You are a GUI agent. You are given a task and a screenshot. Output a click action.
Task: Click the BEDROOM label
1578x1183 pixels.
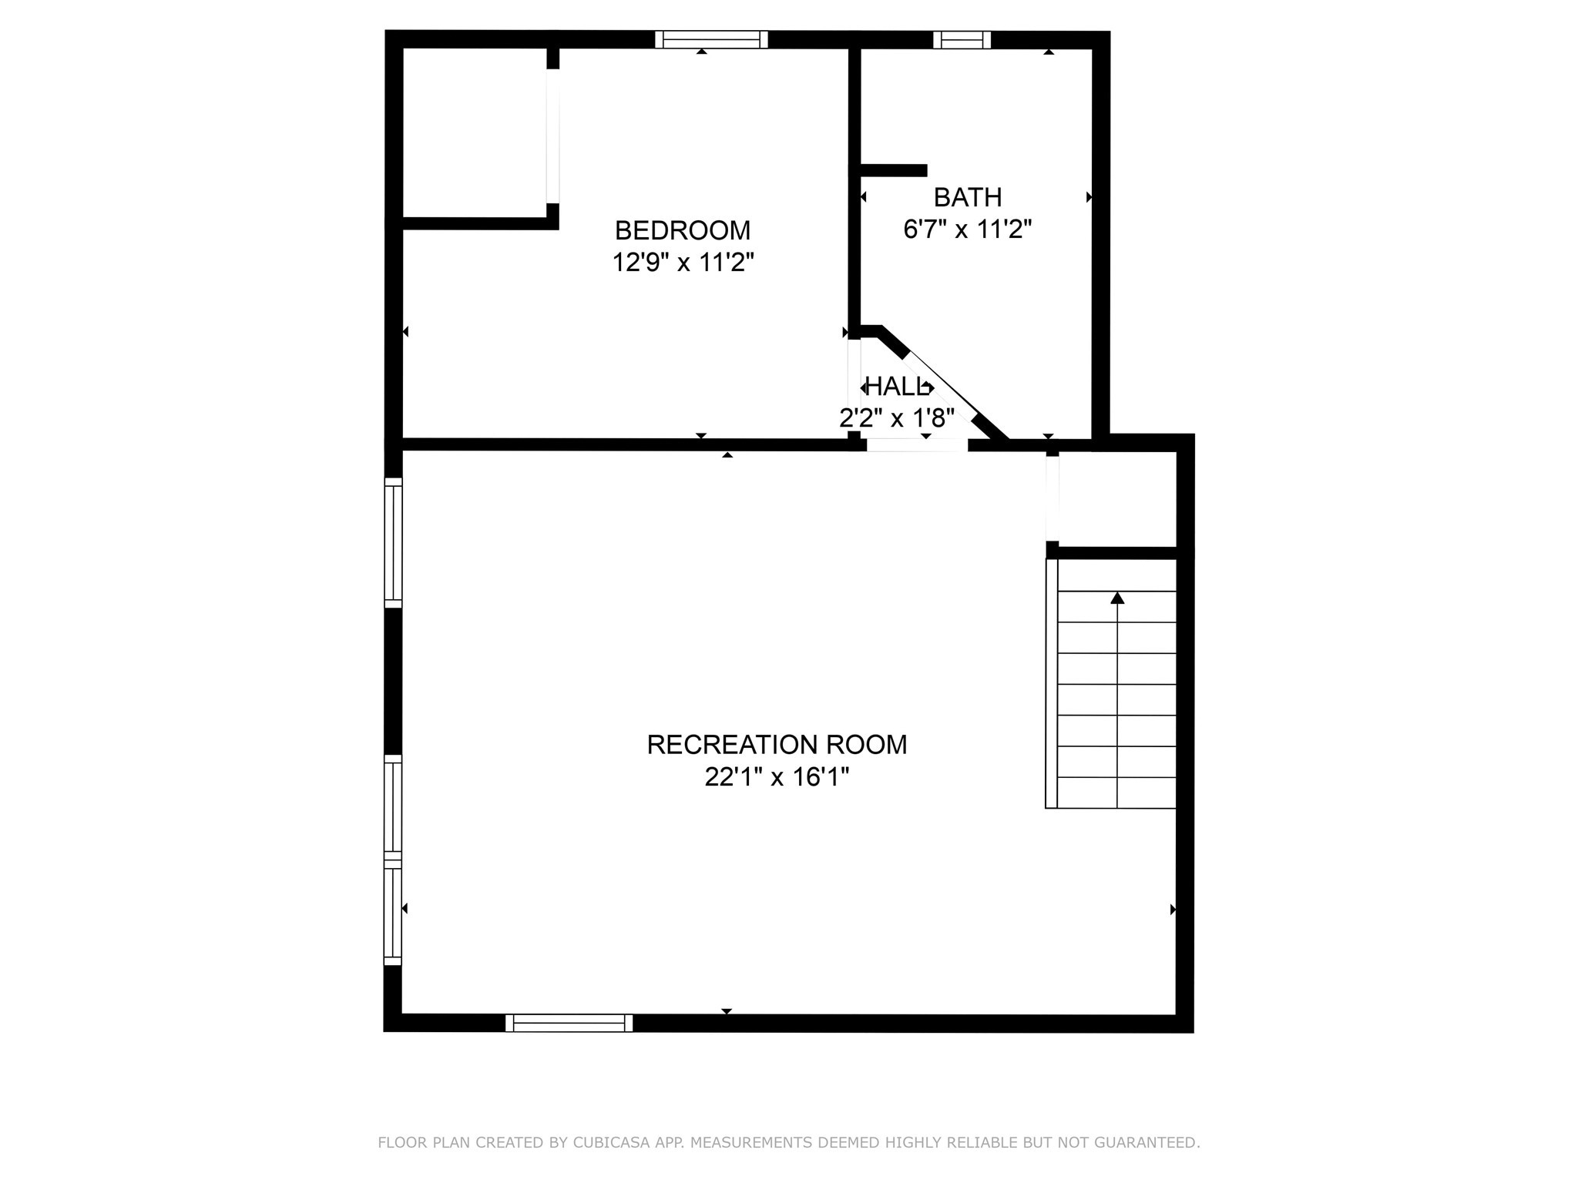(x=682, y=230)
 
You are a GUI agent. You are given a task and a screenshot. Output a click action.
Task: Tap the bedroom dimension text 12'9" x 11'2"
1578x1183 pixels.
(x=682, y=263)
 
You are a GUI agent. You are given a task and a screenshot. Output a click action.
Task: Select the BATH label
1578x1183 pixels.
(x=967, y=198)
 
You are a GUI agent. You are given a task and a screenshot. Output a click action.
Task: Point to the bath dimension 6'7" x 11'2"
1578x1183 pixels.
(x=967, y=230)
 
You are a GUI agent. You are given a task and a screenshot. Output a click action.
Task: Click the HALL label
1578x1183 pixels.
(x=896, y=387)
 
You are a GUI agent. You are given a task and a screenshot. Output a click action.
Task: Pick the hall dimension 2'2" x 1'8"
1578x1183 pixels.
(x=896, y=418)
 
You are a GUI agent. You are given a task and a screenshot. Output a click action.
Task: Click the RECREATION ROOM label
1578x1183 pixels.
(x=777, y=745)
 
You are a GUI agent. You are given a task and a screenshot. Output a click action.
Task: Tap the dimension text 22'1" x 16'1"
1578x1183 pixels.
(x=777, y=778)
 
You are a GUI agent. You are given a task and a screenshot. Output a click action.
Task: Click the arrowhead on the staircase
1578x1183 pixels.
(x=1117, y=598)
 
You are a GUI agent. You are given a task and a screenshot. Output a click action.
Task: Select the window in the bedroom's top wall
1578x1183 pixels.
(x=711, y=39)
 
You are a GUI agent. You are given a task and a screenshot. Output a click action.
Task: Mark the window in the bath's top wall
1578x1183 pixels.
(x=962, y=39)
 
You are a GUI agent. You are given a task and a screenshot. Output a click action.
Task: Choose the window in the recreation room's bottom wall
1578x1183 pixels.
(x=569, y=1023)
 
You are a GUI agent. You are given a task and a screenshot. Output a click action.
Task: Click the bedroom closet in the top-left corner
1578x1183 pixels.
(x=474, y=131)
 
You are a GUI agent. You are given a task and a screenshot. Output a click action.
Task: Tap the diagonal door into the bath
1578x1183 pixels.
(x=942, y=387)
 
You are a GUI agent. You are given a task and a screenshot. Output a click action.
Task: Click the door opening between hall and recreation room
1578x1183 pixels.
(x=916, y=445)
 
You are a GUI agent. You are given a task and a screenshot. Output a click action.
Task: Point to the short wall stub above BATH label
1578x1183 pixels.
(x=892, y=171)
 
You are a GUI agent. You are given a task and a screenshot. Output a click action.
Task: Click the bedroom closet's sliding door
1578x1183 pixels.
(x=552, y=136)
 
